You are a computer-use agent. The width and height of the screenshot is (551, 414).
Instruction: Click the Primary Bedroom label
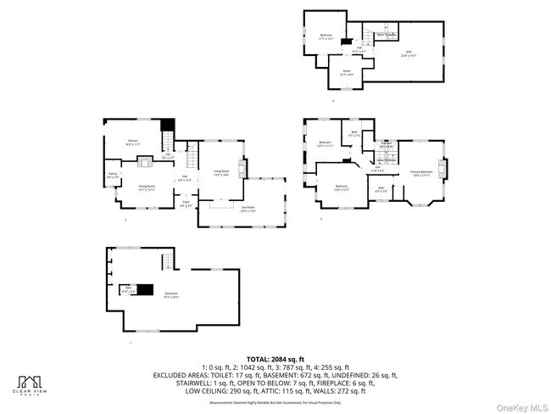(x=421, y=171)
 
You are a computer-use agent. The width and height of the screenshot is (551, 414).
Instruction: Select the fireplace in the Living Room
(x=242, y=168)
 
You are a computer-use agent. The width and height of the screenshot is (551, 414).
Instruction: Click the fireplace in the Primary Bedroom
(x=442, y=166)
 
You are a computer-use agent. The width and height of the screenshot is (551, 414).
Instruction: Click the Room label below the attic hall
(x=347, y=72)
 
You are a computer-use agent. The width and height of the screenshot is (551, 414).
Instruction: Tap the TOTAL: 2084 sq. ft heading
(x=275, y=359)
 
